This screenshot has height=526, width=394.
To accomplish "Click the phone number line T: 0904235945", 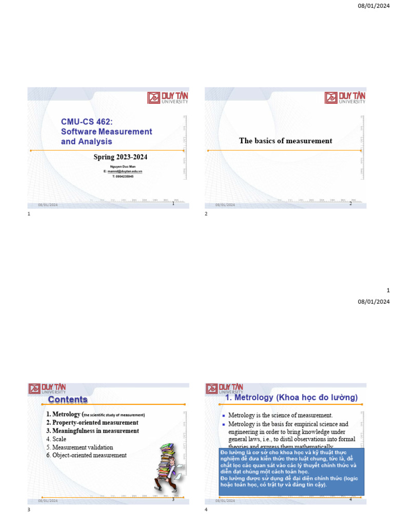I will pyautogui.click(x=123, y=176).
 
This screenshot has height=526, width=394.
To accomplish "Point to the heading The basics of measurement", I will pyautogui.click(x=285, y=141).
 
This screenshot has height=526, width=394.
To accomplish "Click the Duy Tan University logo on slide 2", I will pyautogui.click(x=345, y=98).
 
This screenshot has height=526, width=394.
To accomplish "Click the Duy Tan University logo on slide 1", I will pyautogui.click(x=168, y=98).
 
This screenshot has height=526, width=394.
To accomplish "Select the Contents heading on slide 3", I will pyautogui.click(x=68, y=400).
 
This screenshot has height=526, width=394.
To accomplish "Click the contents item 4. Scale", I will pyautogui.click(x=56, y=439).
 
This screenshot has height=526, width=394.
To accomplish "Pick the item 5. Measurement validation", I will pyautogui.click(x=80, y=447).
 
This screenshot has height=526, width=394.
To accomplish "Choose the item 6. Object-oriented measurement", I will pyautogui.click(x=86, y=455).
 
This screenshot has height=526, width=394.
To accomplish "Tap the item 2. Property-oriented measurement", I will pyautogui.click(x=92, y=423).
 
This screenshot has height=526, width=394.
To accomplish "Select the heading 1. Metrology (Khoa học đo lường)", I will pyautogui.click(x=291, y=398).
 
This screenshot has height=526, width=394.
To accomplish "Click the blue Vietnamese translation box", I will pyautogui.click(x=291, y=471).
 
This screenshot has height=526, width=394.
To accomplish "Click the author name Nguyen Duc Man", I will pyautogui.click(x=123, y=166).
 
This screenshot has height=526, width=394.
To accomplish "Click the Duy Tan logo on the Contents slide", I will pyautogui.click(x=47, y=389).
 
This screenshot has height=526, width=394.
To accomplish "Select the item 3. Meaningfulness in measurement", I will pyautogui.click(x=92, y=431).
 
